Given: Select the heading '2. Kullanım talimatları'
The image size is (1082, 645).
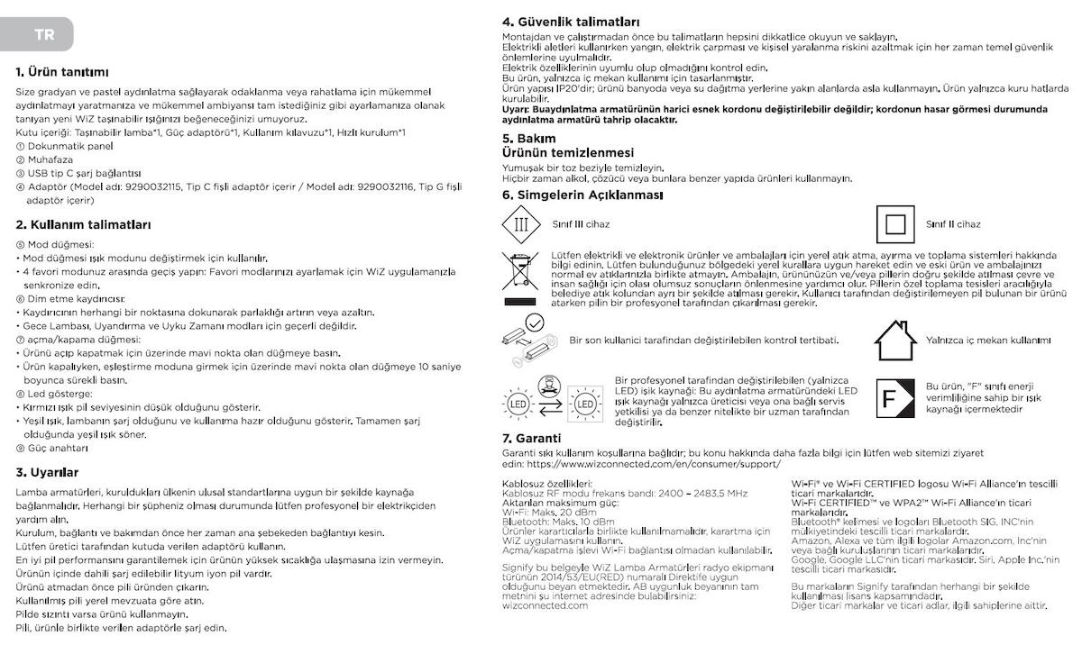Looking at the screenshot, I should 83,224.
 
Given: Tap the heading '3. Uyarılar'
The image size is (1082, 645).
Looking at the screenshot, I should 47,472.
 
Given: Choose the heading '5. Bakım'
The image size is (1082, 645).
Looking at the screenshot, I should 529,139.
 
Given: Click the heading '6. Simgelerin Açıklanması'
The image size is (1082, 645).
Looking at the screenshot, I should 582,195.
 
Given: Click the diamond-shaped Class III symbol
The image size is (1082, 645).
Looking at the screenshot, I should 520,224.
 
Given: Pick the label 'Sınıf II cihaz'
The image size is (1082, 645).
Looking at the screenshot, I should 953,224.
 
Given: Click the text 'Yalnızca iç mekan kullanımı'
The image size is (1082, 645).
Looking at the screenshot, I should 988,341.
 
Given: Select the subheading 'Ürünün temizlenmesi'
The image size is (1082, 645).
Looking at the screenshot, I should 568,153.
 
